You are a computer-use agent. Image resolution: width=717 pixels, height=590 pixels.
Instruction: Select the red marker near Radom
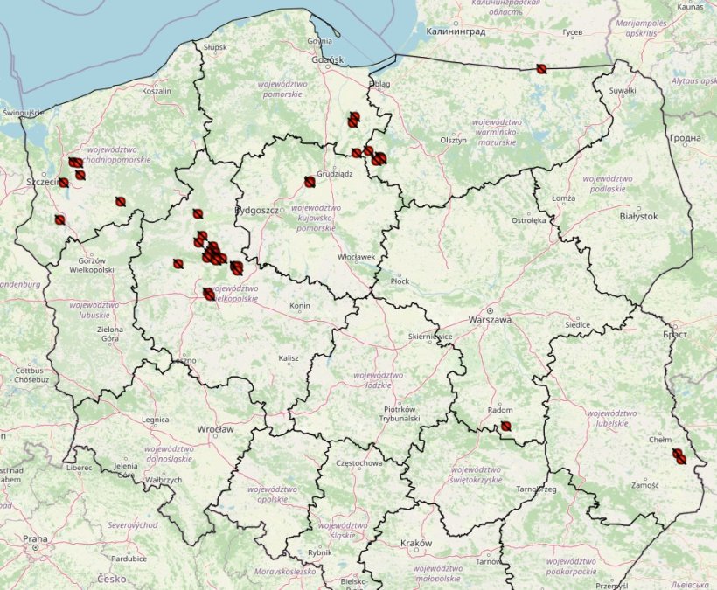(505, 427)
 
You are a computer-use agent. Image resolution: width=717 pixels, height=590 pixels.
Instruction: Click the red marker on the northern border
(541, 68)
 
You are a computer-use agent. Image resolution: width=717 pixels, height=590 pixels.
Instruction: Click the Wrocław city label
(215, 430)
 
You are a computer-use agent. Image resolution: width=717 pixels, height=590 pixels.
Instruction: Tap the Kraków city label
(416, 544)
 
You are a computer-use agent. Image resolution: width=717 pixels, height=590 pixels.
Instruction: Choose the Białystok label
(637, 216)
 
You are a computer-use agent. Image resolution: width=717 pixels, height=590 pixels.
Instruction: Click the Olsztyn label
(454, 141)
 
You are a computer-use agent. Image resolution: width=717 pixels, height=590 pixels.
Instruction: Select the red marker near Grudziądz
(310, 182)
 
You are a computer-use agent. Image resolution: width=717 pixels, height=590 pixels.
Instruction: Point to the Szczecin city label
(41, 182)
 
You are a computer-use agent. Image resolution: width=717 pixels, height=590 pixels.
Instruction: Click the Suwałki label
(622, 90)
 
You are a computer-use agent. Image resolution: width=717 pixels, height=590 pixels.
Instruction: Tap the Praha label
(35, 538)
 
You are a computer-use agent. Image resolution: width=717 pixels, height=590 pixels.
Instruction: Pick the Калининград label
(455, 31)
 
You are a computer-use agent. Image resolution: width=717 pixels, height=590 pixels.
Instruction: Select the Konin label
(300, 306)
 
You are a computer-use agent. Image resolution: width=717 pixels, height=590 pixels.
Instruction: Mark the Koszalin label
(157, 90)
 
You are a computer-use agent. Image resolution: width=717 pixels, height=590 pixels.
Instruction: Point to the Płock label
(400, 281)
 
